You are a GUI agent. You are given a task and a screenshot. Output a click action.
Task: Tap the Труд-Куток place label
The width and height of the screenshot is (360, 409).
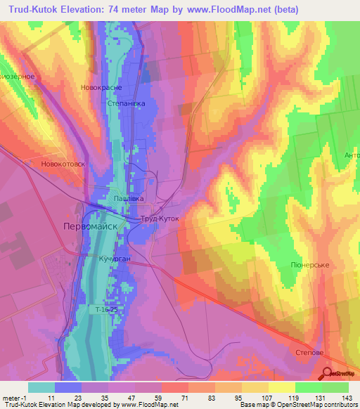[160, 219]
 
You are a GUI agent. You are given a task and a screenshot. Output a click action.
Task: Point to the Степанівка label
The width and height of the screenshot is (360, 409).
[127, 103]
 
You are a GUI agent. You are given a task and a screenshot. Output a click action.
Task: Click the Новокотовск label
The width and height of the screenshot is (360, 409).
[63, 164]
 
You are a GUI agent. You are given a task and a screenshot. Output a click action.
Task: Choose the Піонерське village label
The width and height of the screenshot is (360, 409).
[310, 265]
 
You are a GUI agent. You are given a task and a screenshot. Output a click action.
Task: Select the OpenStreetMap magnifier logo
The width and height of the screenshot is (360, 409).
[328, 374]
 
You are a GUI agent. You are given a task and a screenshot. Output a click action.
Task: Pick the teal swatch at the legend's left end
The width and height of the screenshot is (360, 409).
[41, 387]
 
